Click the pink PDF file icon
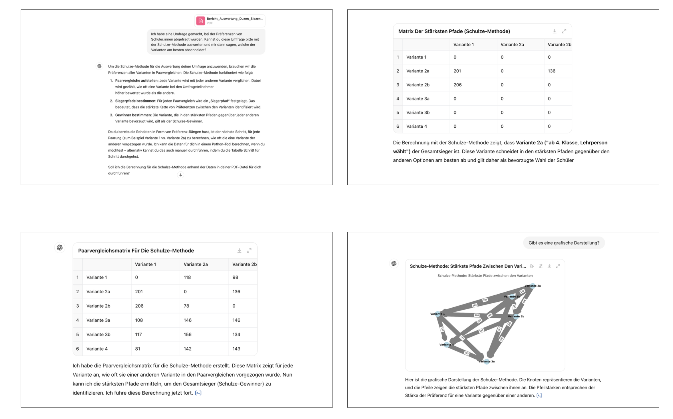pyautogui.click(x=201, y=21)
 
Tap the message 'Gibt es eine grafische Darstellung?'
pyautogui.click(x=563, y=243)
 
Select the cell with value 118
pyautogui.click(x=187, y=277)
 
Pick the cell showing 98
pyautogui.click(x=235, y=277)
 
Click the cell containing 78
pyautogui.click(x=187, y=306)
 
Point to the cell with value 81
pyautogui.click(x=138, y=349)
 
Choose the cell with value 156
pyautogui.click(x=188, y=335)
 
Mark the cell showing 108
pyautogui.click(x=139, y=320)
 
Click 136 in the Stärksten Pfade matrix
pyautogui.click(x=551, y=71)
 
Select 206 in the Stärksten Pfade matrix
pyautogui.click(x=458, y=85)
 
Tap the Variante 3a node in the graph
pyautogui.click(x=486, y=361)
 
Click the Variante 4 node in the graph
pyautogui.click(x=447, y=345)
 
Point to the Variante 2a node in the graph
pyautogui.click(x=533, y=286)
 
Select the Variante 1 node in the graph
pyautogui.click(x=438, y=314)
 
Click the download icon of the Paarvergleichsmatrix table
pyautogui.click(x=239, y=251)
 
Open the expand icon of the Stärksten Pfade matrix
pyautogui.click(x=564, y=31)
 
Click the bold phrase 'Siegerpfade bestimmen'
pyautogui.click(x=135, y=101)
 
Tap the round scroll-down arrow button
pyautogui.click(x=181, y=175)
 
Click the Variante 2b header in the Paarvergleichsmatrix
pyautogui.click(x=244, y=264)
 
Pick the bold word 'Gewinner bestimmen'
pyautogui.click(x=133, y=115)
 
